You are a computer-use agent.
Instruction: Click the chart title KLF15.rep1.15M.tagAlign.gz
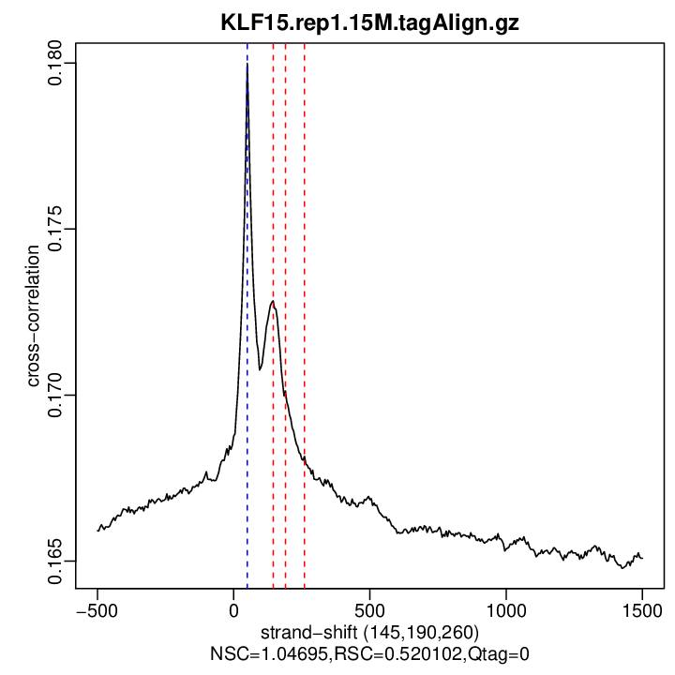pyautogui.click(x=369, y=22)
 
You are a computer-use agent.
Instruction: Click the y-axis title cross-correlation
pyautogui.click(x=34, y=316)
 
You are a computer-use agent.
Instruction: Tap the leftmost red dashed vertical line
pyautogui.click(x=273, y=187)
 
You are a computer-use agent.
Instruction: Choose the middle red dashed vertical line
pyautogui.click(x=285, y=187)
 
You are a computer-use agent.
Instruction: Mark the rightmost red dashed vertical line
pyautogui.click(x=305, y=187)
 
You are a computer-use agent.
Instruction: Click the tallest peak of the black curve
pyautogui.click(x=247, y=66)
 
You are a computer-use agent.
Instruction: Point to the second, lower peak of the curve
pyautogui.click(x=272, y=303)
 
